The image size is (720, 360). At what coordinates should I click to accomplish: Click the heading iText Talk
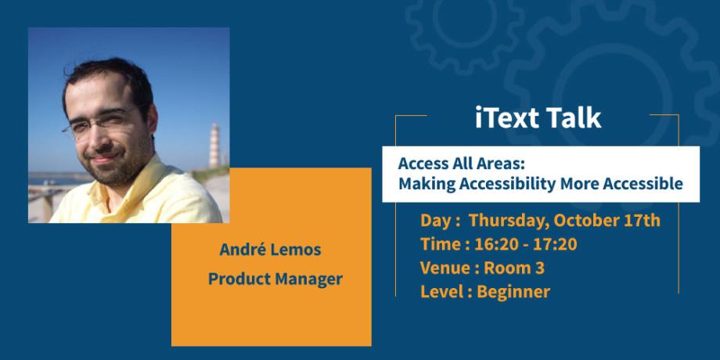538,117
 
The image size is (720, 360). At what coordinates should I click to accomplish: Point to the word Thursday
504,220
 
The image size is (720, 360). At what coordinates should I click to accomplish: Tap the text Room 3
514,268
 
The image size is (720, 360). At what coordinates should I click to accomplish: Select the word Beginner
513,292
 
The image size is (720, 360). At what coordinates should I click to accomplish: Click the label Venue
444,268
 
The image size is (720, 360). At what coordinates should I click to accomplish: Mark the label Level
441,292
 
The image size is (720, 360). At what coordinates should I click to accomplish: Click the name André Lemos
271,250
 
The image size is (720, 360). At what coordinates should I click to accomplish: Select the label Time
438,244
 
